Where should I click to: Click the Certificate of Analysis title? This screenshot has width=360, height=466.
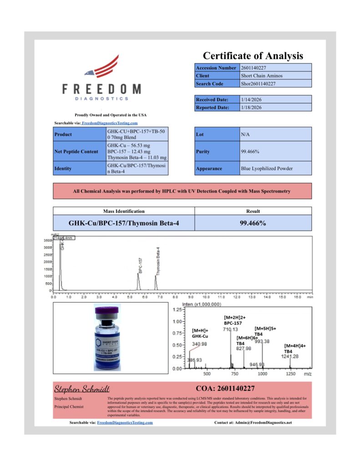click(253, 56)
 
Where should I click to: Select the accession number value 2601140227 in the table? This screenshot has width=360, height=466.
click(255, 68)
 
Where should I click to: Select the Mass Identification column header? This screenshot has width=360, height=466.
click(124, 211)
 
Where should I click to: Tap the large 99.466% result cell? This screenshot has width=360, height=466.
click(253, 223)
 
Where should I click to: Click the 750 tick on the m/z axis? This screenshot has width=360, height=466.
click(235, 374)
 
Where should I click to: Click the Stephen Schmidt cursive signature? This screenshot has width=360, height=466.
click(82, 389)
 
